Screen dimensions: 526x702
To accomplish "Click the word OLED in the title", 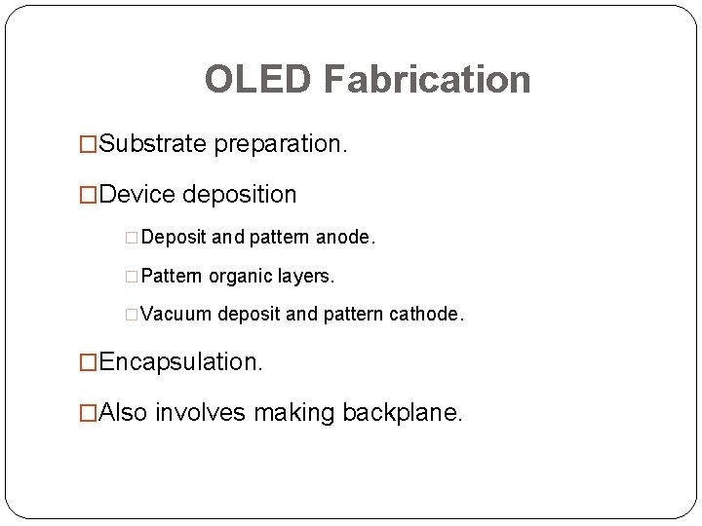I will (x=258, y=80).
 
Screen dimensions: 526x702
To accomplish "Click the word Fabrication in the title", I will (x=427, y=80).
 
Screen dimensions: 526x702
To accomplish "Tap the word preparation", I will (x=281, y=144).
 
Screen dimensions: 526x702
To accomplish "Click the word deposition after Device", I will (x=240, y=195).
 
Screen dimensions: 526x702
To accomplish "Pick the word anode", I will (x=345, y=238).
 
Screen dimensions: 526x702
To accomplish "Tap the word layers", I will (x=304, y=277).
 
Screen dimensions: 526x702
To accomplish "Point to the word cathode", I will (x=427, y=315).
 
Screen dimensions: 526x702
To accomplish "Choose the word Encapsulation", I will (x=180, y=362).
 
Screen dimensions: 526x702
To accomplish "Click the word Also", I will (x=124, y=413).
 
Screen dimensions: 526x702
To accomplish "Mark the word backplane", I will (x=403, y=413).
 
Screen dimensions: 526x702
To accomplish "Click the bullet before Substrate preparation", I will (x=89, y=145).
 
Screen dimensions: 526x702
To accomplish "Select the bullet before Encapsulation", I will (x=89, y=363).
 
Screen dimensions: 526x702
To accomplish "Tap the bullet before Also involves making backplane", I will (x=89, y=414).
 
